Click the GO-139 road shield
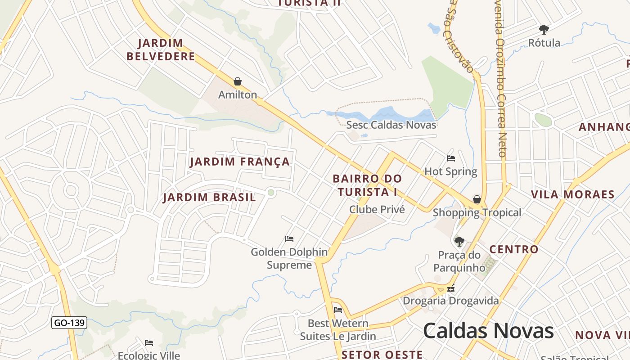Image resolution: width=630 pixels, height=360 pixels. click(x=69, y=323)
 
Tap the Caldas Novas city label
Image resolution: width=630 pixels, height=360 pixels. click(x=488, y=331)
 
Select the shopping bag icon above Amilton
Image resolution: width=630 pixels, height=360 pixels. click(x=237, y=81)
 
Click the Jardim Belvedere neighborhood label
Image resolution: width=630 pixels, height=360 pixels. click(x=161, y=49)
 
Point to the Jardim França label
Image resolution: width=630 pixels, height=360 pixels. click(x=240, y=162)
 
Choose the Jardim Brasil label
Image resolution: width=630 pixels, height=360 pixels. click(x=209, y=197)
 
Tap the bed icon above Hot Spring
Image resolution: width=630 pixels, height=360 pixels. click(x=451, y=158)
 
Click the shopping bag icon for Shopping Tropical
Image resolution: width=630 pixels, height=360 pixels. click(x=477, y=199)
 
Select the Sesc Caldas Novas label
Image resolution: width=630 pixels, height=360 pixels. click(x=391, y=125)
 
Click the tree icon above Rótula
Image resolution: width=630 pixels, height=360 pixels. click(x=544, y=30)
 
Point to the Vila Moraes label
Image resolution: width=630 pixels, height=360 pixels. click(x=572, y=194)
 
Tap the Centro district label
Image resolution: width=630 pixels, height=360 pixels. click(x=513, y=249)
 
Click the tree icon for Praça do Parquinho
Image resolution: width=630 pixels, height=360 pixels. click(x=459, y=242)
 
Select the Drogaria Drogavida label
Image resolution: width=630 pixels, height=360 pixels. click(x=450, y=301)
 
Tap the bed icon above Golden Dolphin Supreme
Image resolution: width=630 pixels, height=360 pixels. click(x=289, y=238)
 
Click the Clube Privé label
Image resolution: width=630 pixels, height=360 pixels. click(x=377, y=209)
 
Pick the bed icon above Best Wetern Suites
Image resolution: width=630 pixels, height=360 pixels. click(x=338, y=310)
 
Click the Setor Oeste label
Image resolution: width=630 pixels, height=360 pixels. click(x=382, y=355)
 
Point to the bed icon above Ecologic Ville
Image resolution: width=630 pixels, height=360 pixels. click(x=149, y=343)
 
